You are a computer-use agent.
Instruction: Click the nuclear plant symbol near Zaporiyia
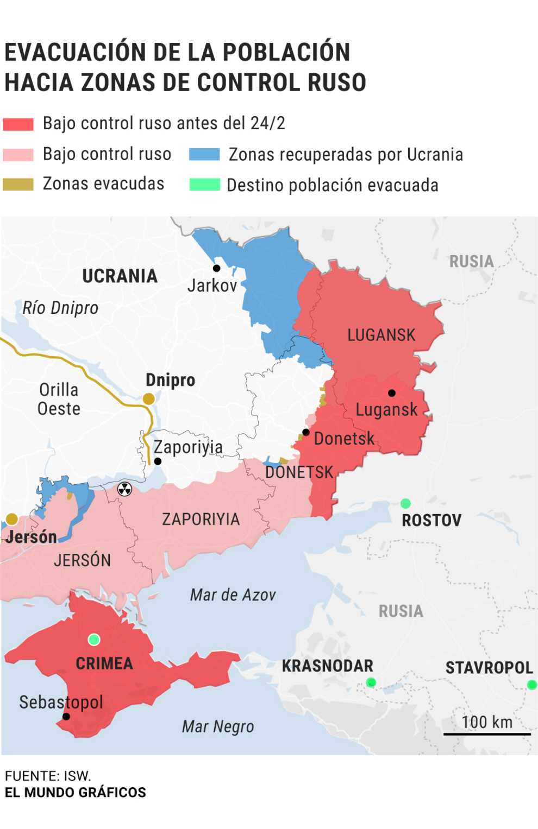[124, 489]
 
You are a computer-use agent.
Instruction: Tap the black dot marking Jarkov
[216, 268]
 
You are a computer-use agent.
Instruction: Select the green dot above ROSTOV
[405, 503]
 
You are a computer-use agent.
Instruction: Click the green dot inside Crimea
[94, 640]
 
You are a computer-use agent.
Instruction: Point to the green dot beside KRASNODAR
[371, 682]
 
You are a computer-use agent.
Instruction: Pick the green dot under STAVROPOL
[531, 685]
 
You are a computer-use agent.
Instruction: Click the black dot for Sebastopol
[66, 717]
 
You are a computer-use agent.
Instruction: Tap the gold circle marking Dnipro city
[148, 399]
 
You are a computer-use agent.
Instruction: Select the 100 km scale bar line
[486, 734]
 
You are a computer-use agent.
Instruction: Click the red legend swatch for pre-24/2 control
[18, 124]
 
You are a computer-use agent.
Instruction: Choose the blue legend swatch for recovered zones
[204, 154]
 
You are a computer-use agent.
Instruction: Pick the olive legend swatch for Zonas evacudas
[18, 184]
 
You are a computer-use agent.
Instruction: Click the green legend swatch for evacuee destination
[204, 185]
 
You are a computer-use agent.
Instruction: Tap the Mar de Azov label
[233, 595]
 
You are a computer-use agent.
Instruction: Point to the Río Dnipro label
[60, 308]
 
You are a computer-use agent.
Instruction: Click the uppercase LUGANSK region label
[381, 335]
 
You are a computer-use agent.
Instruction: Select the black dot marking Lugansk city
[392, 393]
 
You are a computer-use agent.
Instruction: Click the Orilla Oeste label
[59, 399]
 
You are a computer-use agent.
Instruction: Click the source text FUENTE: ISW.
[48, 776]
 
